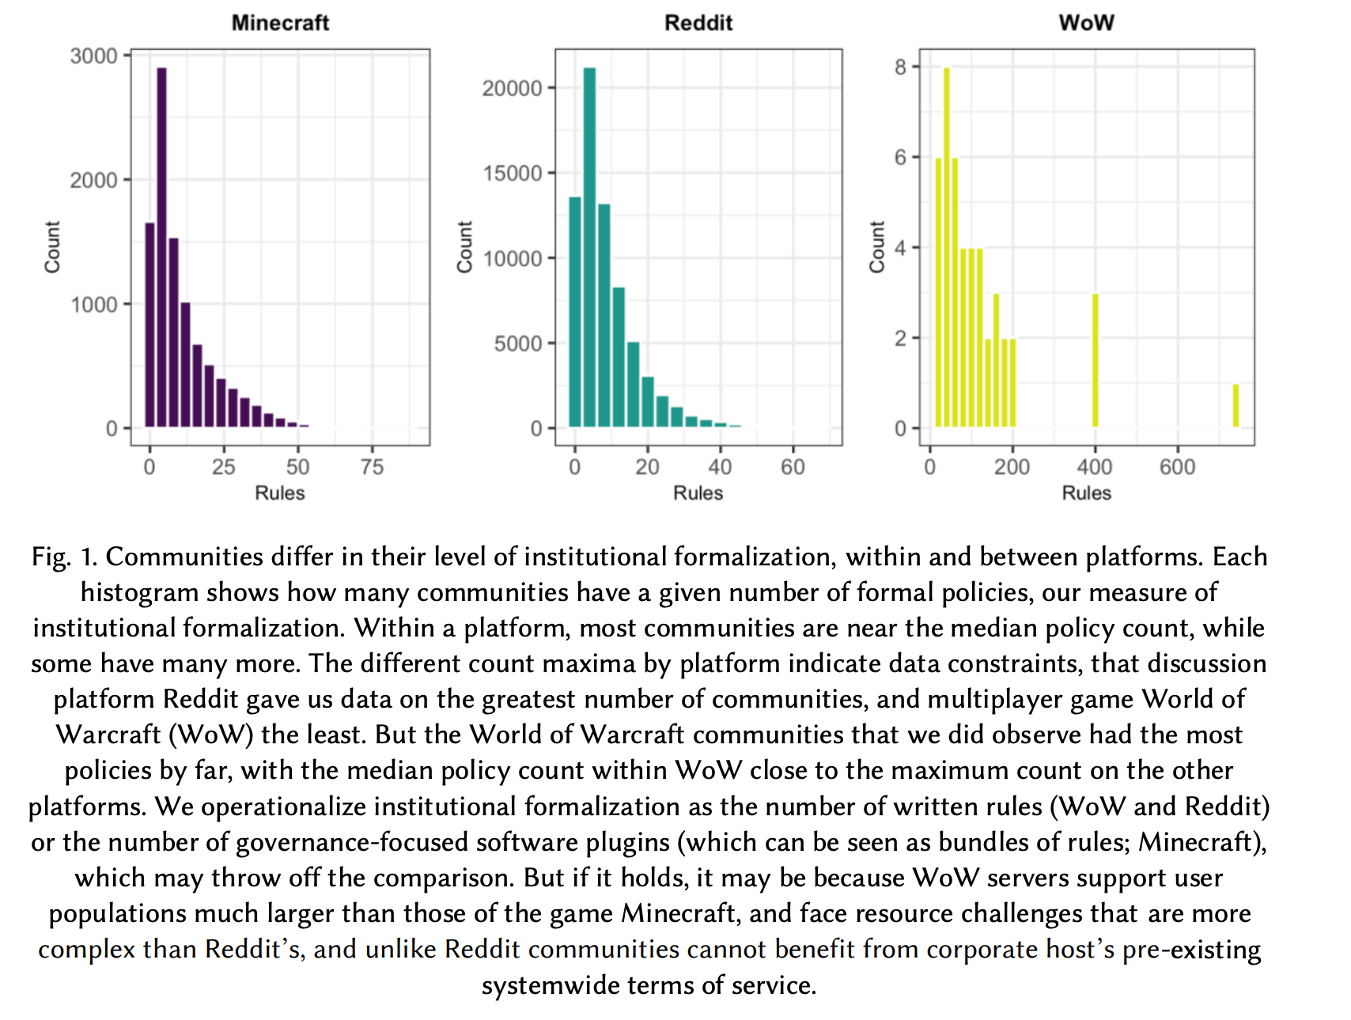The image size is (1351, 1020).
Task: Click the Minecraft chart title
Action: [x=280, y=22]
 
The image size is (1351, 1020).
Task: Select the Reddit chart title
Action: [x=698, y=22]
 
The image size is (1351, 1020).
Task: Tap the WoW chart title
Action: [x=1086, y=22]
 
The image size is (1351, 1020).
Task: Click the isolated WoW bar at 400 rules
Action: [x=1096, y=361]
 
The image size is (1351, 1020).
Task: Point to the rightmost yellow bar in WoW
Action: [x=1236, y=406]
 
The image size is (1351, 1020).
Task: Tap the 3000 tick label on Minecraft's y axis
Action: [x=93, y=56]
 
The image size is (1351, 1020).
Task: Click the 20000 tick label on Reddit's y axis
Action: [x=513, y=88]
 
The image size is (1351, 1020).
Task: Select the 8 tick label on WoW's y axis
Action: [x=900, y=67]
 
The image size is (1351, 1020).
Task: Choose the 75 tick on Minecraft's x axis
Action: [x=372, y=467]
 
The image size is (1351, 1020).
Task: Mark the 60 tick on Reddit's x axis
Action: [x=793, y=467]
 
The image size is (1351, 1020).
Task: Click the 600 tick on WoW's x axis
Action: [x=1177, y=467]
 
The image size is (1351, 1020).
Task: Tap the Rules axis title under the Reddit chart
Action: [x=698, y=493]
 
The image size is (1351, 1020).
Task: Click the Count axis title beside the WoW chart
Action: [x=876, y=247]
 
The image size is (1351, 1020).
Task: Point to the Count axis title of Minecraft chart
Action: [x=52, y=247]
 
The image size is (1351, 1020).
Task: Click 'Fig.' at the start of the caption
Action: [x=51, y=557]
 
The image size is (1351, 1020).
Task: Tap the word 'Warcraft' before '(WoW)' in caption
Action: [x=108, y=735]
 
